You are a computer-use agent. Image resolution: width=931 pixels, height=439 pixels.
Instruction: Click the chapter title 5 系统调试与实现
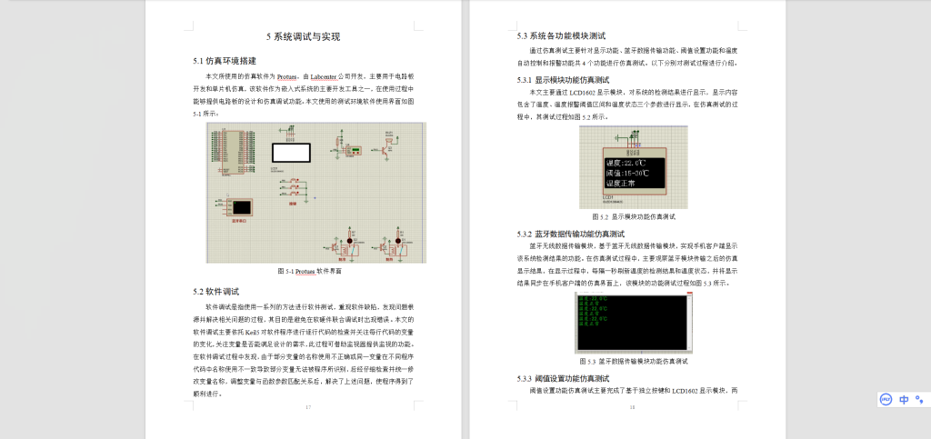[303, 37]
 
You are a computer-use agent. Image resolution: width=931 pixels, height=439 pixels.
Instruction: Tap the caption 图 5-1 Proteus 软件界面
[308, 271]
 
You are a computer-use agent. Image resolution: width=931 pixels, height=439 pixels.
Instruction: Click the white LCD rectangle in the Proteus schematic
[292, 153]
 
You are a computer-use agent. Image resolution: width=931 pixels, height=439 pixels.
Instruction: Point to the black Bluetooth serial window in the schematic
[243, 205]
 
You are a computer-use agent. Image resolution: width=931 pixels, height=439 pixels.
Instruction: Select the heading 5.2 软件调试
[215, 292]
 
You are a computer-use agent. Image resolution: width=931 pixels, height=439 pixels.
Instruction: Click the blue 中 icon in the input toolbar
[905, 399]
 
